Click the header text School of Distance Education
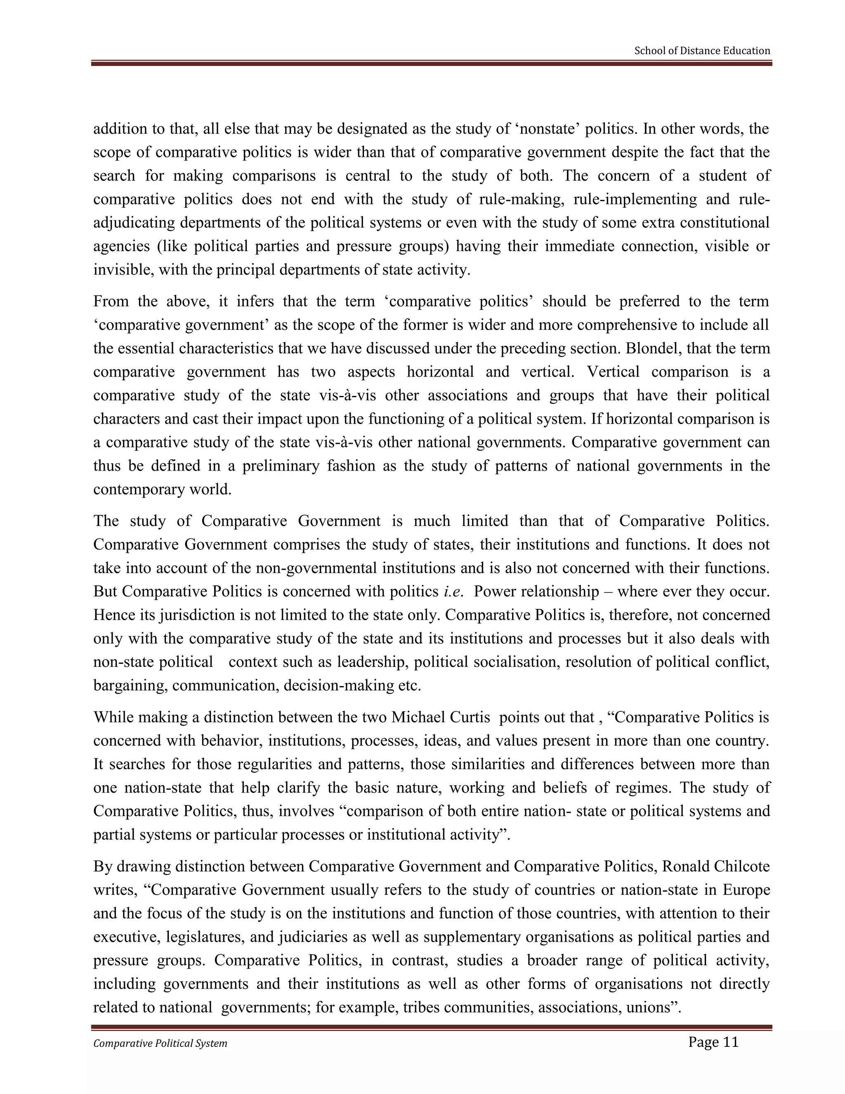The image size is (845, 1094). pyautogui.click(x=702, y=51)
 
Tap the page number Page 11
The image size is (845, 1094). pyautogui.click(x=713, y=1042)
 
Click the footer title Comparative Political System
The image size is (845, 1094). pyautogui.click(x=160, y=1043)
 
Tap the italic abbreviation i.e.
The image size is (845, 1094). pyautogui.click(x=453, y=592)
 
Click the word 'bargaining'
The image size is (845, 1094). pyautogui.click(x=130, y=685)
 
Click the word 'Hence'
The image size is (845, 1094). pyautogui.click(x=112, y=615)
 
